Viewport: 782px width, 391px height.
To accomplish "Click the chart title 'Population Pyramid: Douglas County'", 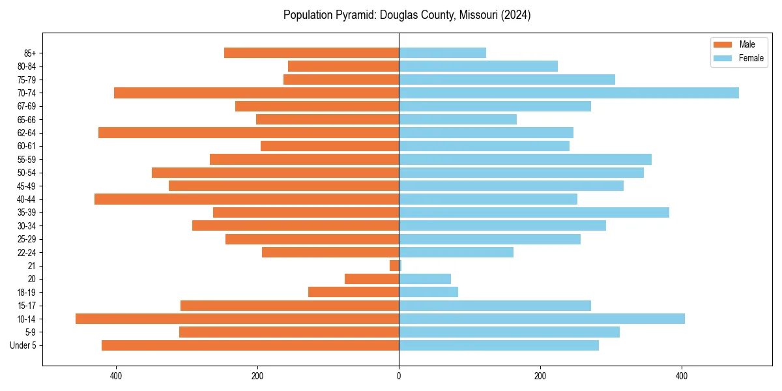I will [x=407, y=15].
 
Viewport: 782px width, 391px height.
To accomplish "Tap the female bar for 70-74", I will [x=568, y=93].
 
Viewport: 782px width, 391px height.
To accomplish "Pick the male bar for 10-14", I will [x=237, y=319].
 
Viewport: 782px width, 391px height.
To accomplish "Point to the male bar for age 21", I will [x=394, y=265].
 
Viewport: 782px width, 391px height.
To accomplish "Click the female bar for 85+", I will [x=442, y=53].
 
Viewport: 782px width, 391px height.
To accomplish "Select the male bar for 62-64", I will [x=248, y=132].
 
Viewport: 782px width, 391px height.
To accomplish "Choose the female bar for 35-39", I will [x=534, y=212].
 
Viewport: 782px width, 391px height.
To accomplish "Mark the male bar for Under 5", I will [x=250, y=345].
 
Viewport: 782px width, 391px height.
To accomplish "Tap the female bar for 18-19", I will [x=428, y=292].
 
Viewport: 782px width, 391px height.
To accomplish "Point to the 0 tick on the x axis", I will [x=399, y=376].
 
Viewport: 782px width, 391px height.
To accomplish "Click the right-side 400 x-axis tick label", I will [x=681, y=376].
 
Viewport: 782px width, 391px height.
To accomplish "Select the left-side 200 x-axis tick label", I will [x=257, y=376].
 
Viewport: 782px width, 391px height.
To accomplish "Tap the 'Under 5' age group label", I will [x=23, y=345].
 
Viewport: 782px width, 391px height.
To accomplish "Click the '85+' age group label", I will [x=29, y=53].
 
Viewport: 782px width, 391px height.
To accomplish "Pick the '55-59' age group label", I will [x=27, y=159].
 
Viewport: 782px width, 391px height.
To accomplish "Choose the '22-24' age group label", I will [x=27, y=252].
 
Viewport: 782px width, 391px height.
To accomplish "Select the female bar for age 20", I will [x=425, y=279].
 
